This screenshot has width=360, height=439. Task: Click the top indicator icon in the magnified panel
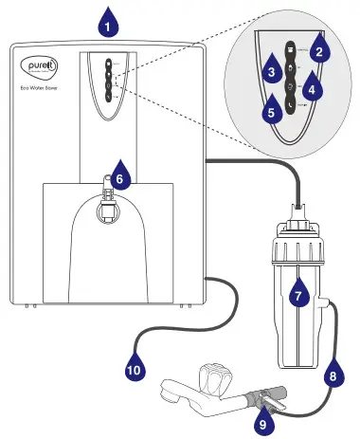(291, 46)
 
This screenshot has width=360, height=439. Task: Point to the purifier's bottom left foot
(28, 306)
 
